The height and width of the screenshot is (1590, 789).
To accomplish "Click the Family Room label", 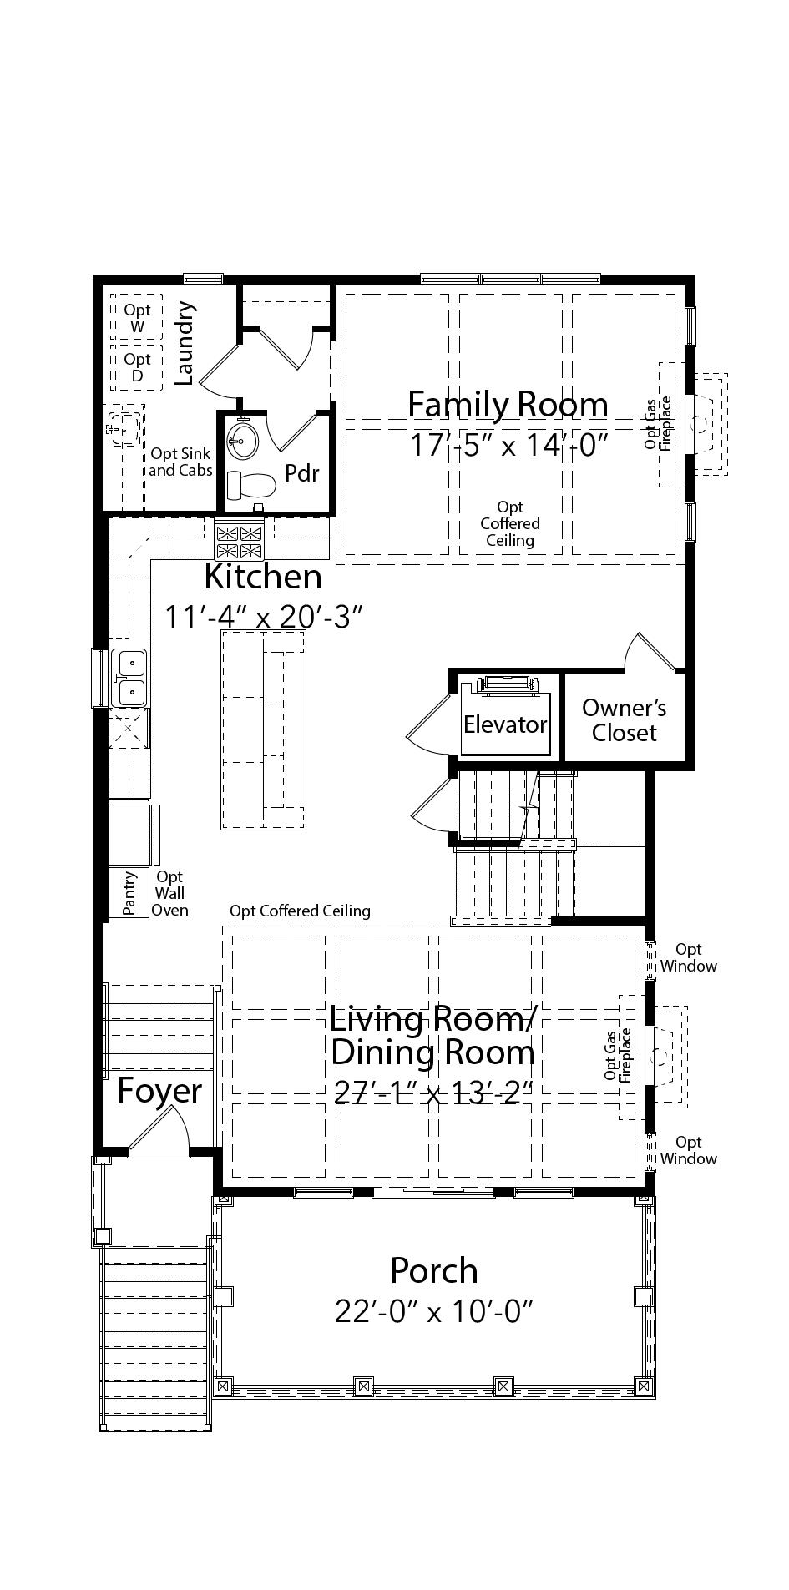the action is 508,404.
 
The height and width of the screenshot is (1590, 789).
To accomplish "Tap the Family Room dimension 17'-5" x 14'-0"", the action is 508,445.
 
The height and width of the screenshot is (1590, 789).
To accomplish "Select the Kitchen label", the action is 263,576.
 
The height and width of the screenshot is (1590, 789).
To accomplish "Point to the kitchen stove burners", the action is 240,540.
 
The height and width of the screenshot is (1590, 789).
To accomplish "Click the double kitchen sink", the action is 130,678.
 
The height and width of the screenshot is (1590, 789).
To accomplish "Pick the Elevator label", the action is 505,724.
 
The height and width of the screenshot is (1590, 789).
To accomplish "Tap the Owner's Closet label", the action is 624,720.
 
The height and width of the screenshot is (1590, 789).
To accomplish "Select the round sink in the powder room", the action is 244,437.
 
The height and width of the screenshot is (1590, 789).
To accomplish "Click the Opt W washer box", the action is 137,316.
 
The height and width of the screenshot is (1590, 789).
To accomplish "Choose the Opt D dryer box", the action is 137,367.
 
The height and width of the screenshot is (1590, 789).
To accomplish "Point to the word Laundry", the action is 185,342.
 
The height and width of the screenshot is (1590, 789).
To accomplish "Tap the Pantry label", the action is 129,894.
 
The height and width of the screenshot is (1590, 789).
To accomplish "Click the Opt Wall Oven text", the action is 169,893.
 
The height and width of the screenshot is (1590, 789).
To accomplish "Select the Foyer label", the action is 159,1090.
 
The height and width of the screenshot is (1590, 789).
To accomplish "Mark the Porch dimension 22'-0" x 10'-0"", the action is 433,1311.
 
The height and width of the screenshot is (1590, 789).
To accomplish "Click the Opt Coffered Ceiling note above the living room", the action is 300,911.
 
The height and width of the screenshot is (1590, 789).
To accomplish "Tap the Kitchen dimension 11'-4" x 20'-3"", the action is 263,617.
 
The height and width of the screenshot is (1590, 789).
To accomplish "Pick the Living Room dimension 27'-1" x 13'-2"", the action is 432,1092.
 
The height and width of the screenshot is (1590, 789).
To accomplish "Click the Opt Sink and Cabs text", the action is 181,462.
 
